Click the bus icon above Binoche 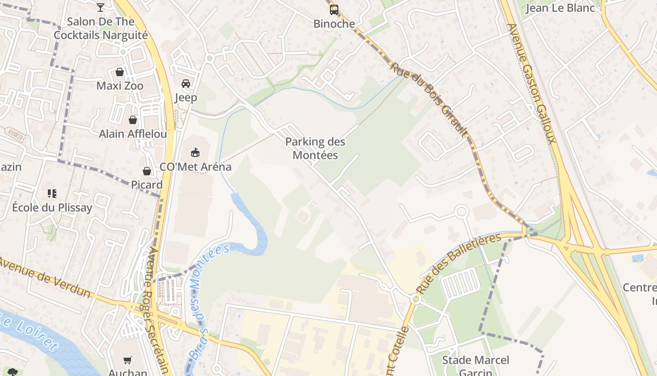coord(334,9)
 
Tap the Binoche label coord(334,23)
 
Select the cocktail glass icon coord(100,7)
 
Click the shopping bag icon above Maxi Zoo coord(120,72)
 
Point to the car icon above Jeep coord(186,84)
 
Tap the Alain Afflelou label coord(133,134)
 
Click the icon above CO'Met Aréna coord(195,152)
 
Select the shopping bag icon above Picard coord(147,171)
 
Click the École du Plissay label coord(52,207)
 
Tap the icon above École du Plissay coord(52,193)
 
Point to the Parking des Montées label coord(315,148)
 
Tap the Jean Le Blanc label coord(560,8)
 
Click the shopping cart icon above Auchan coord(128,360)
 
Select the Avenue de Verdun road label coord(45,277)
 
